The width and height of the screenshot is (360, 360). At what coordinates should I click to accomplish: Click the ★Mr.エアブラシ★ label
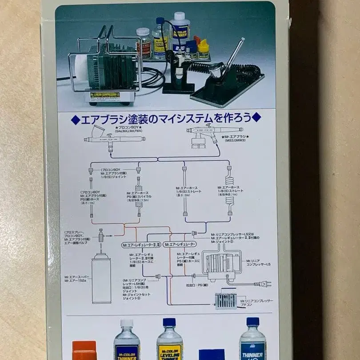coord(234,137)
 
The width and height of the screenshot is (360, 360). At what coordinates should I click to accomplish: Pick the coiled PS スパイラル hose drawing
coord(138,198)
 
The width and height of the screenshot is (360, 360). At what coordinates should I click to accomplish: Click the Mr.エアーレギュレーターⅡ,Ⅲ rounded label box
coord(141,245)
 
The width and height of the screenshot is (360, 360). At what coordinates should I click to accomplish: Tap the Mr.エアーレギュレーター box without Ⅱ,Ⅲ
coord(180,245)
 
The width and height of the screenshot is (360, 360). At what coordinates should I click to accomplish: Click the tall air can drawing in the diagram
coord(101,278)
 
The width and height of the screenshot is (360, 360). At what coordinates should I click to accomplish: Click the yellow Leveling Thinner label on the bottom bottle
coord(169,352)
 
